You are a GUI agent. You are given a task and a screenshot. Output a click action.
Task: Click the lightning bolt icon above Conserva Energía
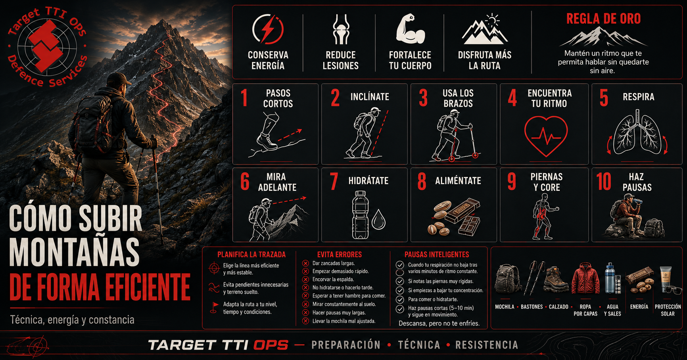(268, 29)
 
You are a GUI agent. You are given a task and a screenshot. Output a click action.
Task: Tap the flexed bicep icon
(410, 29)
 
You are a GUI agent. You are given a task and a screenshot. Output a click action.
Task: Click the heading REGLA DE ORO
(603, 19)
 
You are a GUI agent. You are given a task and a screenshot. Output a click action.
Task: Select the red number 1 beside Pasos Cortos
(244, 98)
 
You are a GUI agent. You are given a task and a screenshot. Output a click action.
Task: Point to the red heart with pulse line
(546, 136)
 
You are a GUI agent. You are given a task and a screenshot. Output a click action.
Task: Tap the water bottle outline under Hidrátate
(360, 215)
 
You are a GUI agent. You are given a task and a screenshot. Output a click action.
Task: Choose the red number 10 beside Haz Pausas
(604, 182)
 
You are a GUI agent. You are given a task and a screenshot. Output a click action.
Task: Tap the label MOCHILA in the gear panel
(505, 307)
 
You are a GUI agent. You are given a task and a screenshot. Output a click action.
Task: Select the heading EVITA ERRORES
(340, 255)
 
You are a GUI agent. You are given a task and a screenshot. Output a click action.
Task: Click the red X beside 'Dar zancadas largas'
(305, 263)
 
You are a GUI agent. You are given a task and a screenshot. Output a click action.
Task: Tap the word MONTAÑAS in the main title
(74, 252)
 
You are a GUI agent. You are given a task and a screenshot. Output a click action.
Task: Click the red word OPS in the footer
(271, 345)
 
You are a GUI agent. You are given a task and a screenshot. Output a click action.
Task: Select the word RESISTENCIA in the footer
(487, 345)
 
